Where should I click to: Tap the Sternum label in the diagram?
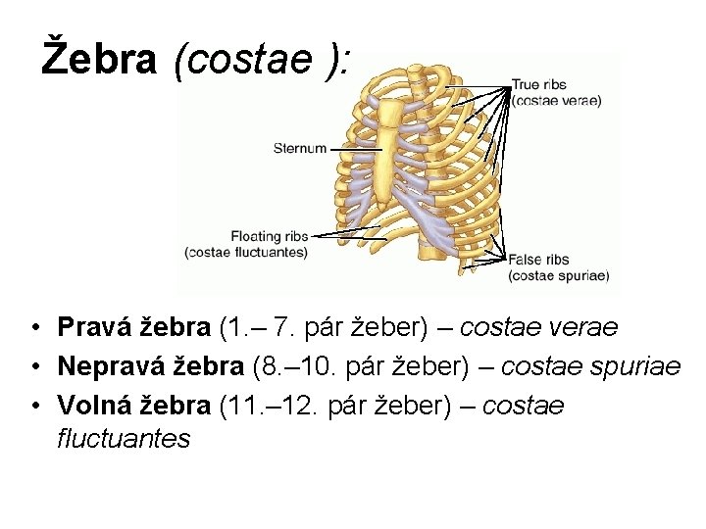(x=299, y=149)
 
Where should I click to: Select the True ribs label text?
(x=538, y=85)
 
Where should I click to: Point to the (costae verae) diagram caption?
(x=556, y=100)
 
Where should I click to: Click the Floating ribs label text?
(x=270, y=236)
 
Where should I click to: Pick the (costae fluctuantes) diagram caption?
(x=246, y=252)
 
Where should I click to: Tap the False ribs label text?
(x=538, y=261)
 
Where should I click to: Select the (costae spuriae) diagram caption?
(x=558, y=276)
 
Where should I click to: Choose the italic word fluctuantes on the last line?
(x=124, y=438)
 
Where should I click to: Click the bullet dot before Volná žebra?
(x=34, y=407)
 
